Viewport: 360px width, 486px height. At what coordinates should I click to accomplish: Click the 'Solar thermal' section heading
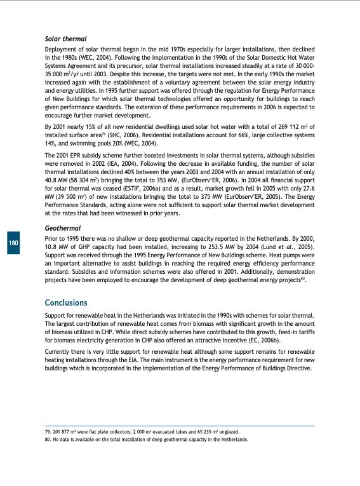click(65, 39)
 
